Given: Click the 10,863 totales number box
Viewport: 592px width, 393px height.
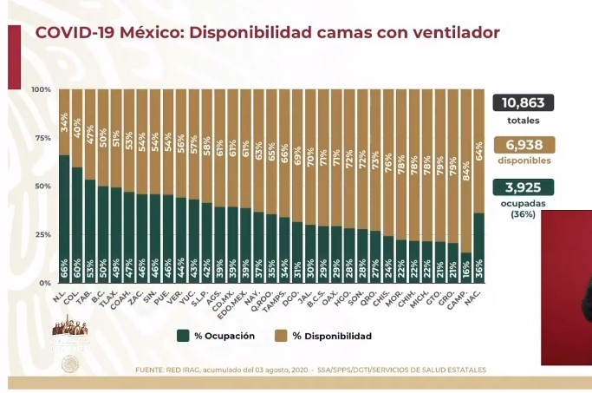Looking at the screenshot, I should (x=524, y=102).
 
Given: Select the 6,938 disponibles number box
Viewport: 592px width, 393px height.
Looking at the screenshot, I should (x=524, y=145).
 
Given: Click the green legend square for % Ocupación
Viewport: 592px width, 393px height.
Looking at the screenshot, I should (x=183, y=336).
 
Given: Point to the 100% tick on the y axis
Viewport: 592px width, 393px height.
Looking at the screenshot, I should (x=41, y=89).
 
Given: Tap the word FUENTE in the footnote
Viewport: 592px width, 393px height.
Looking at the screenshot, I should (x=149, y=370).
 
